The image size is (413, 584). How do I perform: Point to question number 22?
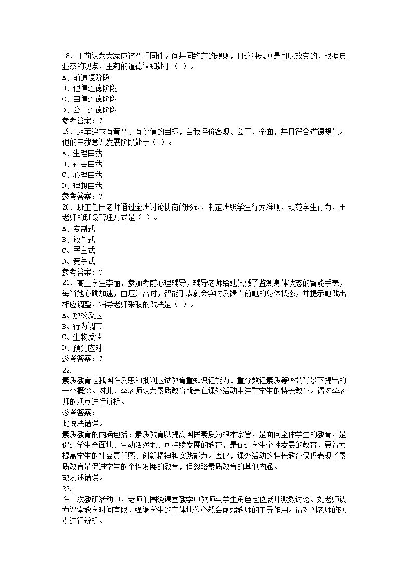pos(67,370)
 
